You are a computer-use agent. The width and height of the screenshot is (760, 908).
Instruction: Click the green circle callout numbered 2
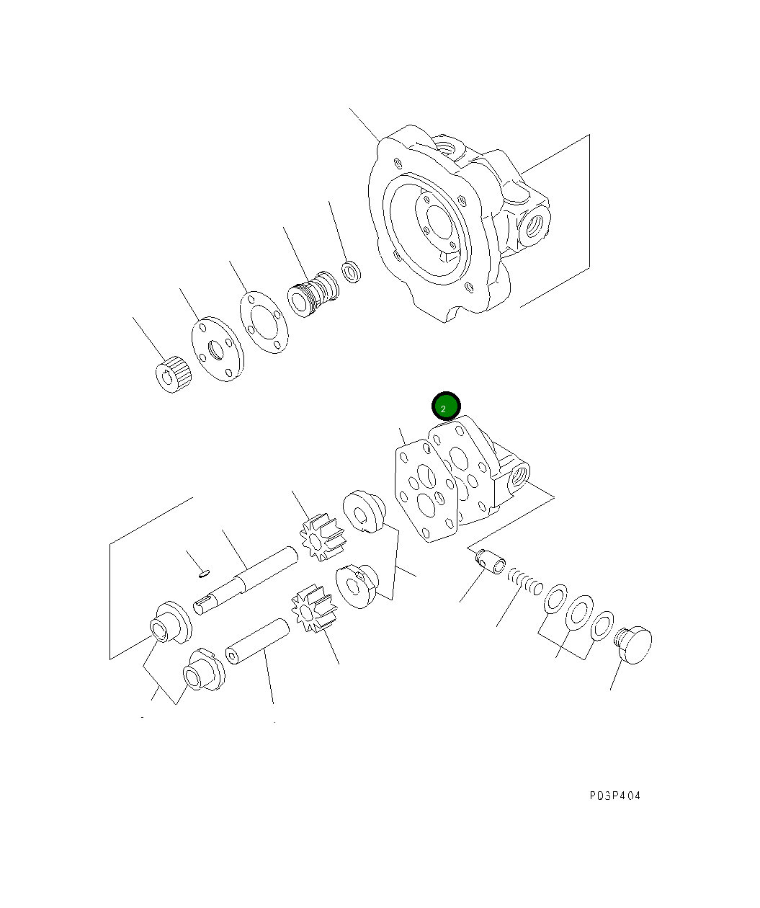coord(445,406)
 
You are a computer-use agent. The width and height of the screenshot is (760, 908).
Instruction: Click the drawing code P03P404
coord(614,796)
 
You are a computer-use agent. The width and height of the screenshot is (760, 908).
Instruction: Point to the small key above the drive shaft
coord(204,574)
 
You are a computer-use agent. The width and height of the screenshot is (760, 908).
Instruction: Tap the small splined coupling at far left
coord(173,375)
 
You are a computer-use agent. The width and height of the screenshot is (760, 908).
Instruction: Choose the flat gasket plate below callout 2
coord(426,493)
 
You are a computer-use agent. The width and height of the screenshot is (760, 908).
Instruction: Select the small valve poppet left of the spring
coord(492,561)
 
